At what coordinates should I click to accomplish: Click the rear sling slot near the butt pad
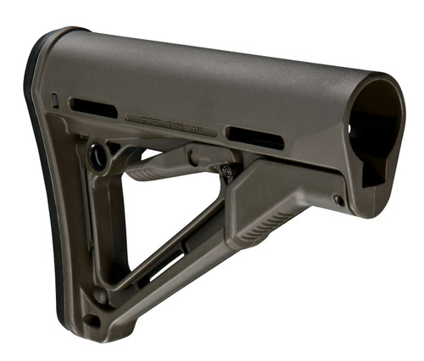[x=93, y=108]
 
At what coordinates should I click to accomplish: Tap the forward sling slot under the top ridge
[x=254, y=137]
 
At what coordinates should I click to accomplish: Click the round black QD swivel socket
[x=99, y=158]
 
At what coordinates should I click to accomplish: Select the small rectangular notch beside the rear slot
[x=55, y=101]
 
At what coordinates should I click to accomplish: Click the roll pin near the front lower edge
[x=338, y=201]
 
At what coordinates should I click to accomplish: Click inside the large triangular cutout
[x=170, y=212]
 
